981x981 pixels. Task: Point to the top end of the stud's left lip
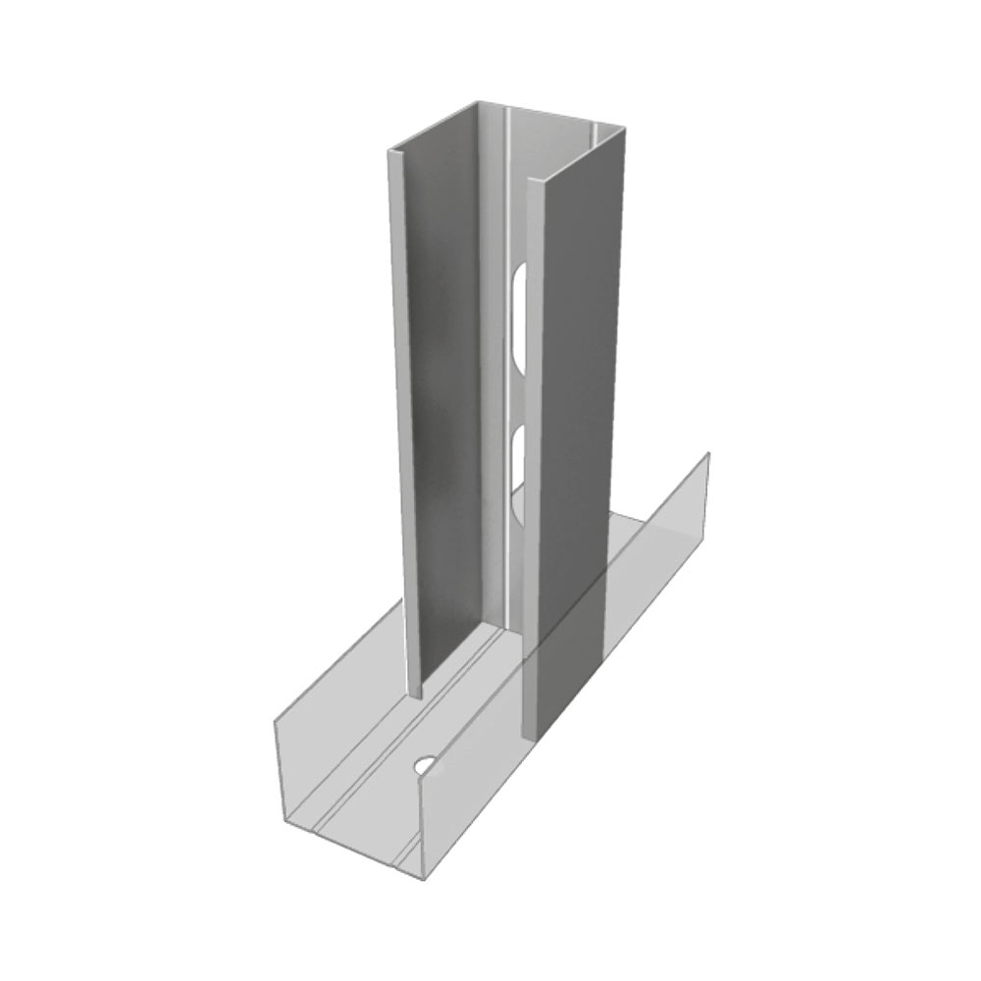click(395, 153)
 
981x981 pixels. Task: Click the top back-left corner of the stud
click(479, 102)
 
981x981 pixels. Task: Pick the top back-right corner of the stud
click(624, 128)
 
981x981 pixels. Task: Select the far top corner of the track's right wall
click(708, 453)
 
